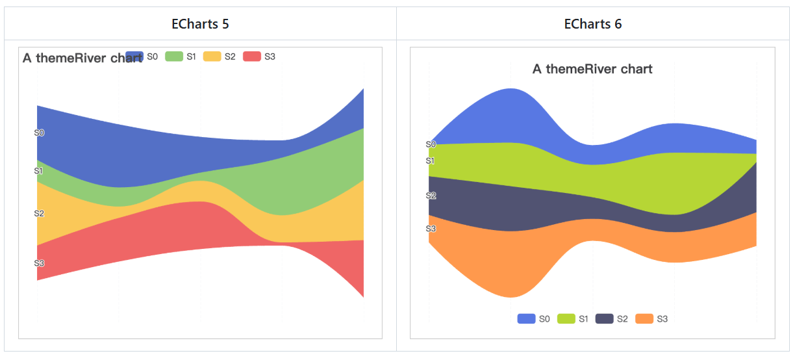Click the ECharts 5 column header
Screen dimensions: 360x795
[x=200, y=24]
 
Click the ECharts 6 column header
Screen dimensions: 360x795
[x=592, y=24]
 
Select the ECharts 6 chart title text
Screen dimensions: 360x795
[x=592, y=69]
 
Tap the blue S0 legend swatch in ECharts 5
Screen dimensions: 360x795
[x=134, y=57]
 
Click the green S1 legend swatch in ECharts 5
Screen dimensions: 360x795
[x=173, y=57]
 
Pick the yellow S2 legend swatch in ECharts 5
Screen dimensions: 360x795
[x=212, y=57]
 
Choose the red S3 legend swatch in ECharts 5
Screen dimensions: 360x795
[x=251, y=57]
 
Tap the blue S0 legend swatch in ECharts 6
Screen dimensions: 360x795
[x=526, y=318]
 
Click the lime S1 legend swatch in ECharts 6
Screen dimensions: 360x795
[x=565, y=318]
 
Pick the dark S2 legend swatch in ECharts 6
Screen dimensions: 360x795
[x=605, y=318]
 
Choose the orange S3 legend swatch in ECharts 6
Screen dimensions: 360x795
[x=644, y=318]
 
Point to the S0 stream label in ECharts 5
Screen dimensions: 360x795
[x=39, y=133]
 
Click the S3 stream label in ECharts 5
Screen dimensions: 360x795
[x=39, y=263]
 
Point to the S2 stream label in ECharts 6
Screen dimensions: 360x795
[x=431, y=196]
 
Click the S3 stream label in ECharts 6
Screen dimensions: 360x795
[x=431, y=229]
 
